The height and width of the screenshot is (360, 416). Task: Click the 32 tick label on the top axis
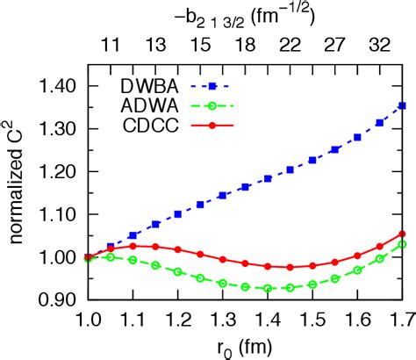tap(381, 41)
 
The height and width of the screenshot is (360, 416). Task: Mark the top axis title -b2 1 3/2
tap(243, 13)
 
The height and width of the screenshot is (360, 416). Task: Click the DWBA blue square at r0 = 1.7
tap(401, 105)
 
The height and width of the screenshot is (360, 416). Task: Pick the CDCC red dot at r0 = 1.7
tap(401, 234)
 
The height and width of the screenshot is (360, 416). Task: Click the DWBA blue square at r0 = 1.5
tap(311, 160)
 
